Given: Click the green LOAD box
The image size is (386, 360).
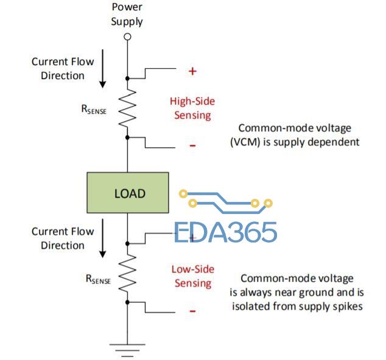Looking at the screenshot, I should (128, 193).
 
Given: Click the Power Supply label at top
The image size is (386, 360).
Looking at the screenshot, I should (127, 15).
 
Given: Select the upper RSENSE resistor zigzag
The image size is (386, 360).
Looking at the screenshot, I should (127, 108).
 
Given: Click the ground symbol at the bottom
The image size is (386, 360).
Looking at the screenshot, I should (127, 348).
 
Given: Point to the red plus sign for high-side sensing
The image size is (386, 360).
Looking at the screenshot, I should (192, 71).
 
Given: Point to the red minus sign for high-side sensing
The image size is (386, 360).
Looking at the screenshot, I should (192, 146).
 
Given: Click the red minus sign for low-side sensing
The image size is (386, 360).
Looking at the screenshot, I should (192, 311).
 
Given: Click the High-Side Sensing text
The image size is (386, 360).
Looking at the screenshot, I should (192, 108).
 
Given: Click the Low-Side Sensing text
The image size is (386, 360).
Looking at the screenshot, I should (192, 276).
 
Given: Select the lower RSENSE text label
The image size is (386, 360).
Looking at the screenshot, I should (98, 279).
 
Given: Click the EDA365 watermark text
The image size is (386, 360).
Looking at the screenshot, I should (226, 232).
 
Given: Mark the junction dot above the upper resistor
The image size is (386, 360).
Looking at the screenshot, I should (127, 78).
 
